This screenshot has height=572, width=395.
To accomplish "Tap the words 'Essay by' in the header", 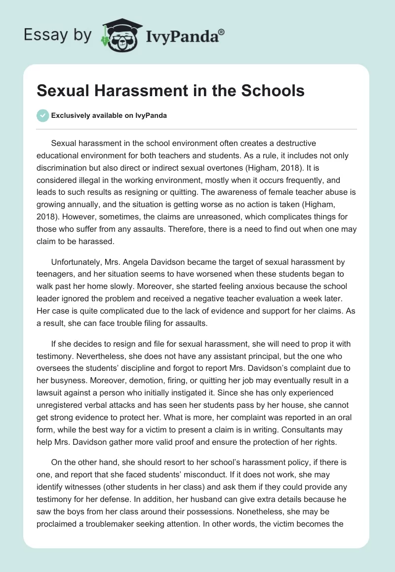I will coord(58,35).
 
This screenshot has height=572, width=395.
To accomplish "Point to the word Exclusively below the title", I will coord(69,116).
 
